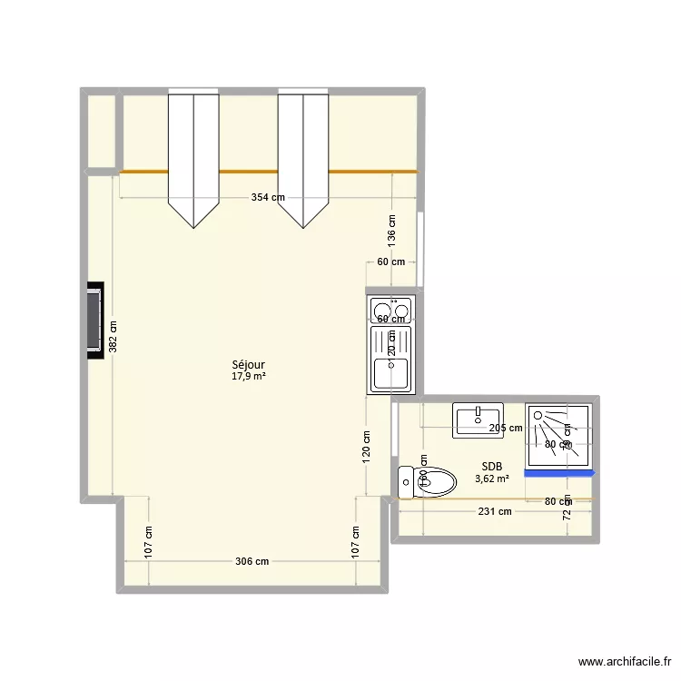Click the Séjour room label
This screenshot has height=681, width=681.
248,364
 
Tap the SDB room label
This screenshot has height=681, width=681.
491,467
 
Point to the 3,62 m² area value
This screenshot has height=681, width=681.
491,479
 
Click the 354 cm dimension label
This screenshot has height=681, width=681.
269,198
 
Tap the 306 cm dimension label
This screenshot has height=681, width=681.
252,561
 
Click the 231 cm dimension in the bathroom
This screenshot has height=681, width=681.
494,511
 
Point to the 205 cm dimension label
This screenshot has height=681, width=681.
505,428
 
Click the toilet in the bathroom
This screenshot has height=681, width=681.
427,480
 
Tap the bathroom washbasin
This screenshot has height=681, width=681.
478,419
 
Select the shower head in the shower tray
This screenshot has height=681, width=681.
539,416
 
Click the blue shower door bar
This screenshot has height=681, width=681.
558,473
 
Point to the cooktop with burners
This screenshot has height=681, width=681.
390,311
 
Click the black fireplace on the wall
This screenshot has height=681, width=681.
94,320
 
